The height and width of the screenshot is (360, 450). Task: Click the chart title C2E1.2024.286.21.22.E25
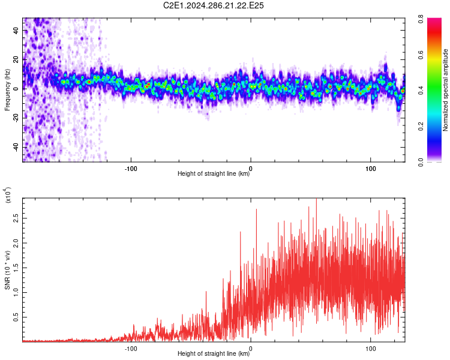[214, 5]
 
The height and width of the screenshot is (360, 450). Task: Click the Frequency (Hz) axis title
[7, 89]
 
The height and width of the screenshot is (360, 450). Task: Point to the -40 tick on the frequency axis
[15, 147]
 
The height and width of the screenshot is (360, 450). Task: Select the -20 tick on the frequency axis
[15, 118]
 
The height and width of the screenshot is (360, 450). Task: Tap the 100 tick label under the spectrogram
[371, 168]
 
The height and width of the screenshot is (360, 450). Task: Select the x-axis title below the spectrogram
[214, 174]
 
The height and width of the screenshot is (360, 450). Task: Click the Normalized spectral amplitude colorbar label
[445, 90]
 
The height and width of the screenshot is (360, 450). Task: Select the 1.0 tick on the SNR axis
[16, 292]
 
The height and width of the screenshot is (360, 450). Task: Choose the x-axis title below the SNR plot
[214, 354]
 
